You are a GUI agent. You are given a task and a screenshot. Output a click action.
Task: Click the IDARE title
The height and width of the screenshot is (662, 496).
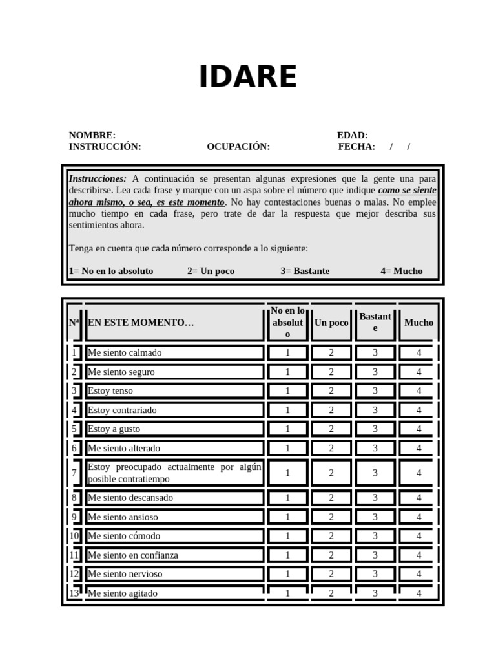[x=248, y=78]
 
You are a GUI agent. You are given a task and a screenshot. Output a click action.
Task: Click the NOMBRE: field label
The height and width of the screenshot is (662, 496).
[x=92, y=135]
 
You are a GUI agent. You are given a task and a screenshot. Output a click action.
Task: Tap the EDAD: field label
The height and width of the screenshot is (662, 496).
[x=352, y=135]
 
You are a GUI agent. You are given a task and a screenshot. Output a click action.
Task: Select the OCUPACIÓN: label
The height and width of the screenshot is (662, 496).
[x=238, y=147]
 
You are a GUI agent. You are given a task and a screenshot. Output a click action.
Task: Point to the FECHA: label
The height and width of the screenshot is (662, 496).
[x=356, y=147]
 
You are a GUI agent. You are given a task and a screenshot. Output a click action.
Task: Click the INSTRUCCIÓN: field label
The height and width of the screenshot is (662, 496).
[x=105, y=147]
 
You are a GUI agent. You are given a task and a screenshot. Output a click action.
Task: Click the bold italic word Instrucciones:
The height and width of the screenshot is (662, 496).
[x=98, y=178]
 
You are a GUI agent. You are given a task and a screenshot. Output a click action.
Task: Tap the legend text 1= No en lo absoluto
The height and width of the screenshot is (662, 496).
[x=111, y=271]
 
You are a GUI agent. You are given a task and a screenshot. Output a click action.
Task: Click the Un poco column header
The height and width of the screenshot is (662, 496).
[x=331, y=323]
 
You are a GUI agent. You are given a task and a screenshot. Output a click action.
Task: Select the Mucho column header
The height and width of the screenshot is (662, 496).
[x=418, y=322]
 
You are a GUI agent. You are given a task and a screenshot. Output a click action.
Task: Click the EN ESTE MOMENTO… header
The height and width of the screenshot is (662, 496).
[x=141, y=323]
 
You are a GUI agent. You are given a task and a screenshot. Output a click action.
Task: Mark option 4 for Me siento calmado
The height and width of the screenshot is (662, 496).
[x=418, y=353]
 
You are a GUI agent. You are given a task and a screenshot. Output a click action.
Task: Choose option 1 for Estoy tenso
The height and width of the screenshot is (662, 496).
[x=287, y=391]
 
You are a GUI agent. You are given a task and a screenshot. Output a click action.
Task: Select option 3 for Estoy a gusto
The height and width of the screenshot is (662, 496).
[x=375, y=429]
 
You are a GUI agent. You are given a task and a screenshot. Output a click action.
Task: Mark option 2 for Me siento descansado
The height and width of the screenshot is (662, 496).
[x=331, y=498]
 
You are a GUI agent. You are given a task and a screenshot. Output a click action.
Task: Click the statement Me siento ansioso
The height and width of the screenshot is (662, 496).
[x=123, y=517]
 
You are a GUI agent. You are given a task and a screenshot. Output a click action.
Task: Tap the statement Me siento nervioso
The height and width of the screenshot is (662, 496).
[x=125, y=574]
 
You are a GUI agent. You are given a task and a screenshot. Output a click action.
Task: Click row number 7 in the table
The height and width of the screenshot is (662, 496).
[x=74, y=473]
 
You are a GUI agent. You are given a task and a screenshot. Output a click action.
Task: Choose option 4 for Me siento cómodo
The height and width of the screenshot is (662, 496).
[x=418, y=536]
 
